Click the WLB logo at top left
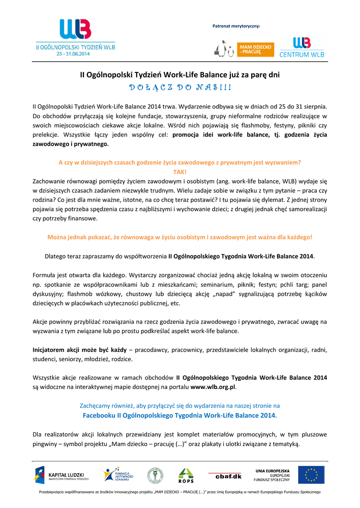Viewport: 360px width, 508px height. click(x=75, y=30)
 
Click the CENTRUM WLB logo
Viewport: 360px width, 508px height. click(x=302, y=48)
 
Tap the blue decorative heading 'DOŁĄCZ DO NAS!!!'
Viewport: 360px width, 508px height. click(x=180, y=88)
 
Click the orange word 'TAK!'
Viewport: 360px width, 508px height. click(x=180, y=171)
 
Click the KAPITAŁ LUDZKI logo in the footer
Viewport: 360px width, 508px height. click(x=62, y=475)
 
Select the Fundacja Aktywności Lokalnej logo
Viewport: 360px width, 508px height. click(x=116, y=475)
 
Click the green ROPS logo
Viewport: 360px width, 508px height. click(x=186, y=475)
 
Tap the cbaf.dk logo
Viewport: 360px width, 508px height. click(x=228, y=476)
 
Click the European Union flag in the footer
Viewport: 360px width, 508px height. click(x=311, y=475)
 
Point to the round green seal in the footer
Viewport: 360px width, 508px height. click(x=155, y=475)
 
